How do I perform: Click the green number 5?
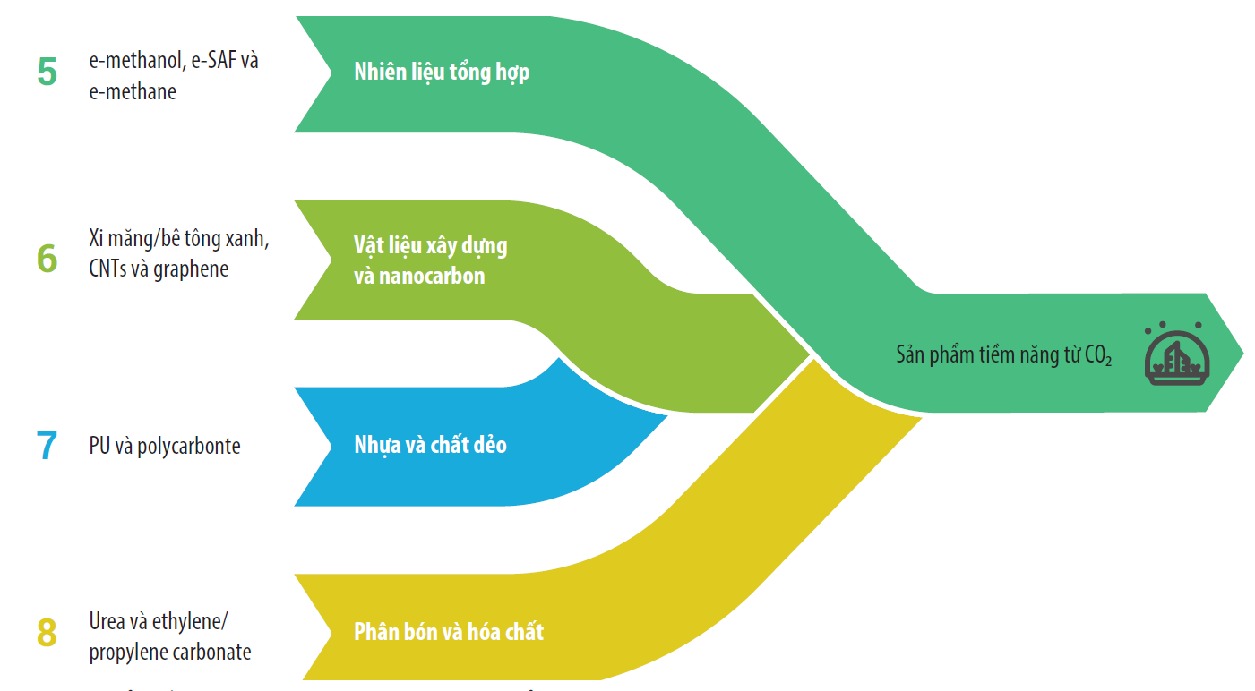pyautogui.click(x=47, y=73)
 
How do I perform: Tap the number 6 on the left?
pyautogui.click(x=47, y=258)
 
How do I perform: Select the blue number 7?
pyautogui.click(x=47, y=446)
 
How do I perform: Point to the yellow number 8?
pyautogui.click(x=47, y=633)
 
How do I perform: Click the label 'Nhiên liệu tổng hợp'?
pyautogui.click(x=442, y=73)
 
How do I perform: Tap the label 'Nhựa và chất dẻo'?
pyautogui.click(x=430, y=445)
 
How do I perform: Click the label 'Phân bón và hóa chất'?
pyautogui.click(x=449, y=632)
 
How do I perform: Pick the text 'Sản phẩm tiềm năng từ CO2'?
pyautogui.click(x=1003, y=355)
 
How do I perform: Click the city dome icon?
pyautogui.click(x=1176, y=354)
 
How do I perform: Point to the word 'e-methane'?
pyautogui.click(x=133, y=92)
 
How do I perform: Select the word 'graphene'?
pyautogui.click(x=191, y=269)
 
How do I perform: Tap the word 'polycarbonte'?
pyautogui.click(x=189, y=447)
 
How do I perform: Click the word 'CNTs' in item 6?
pyautogui.click(x=107, y=269)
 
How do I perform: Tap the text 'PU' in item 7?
pyautogui.click(x=99, y=446)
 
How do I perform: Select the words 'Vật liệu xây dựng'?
pyautogui.click(x=430, y=246)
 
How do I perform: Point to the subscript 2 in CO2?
pyautogui.click(x=1108, y=363)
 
